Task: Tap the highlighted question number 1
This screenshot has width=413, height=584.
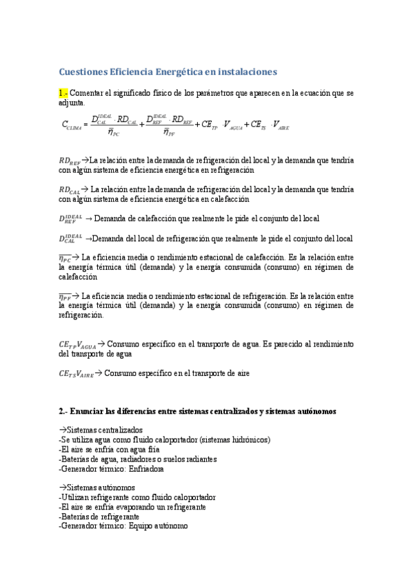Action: tap(63, 93)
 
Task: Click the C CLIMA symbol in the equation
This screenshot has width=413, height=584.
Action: tap(72, 126)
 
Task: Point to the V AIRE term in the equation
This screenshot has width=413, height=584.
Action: tap(281, 125)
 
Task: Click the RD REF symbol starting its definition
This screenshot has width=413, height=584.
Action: tap(69, 160)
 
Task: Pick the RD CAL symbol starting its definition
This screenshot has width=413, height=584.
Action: tap(69, 189)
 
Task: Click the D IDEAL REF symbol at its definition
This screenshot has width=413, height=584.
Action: tap(70, 219)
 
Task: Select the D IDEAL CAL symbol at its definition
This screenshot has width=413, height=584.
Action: tap(70, 238)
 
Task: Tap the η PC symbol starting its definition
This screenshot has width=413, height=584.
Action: tap(69, 258)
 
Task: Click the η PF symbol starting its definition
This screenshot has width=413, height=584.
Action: tap(69, 297)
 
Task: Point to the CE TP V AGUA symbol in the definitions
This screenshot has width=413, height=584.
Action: tap(77, 344)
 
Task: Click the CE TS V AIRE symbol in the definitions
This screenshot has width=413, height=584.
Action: tap(76, 374)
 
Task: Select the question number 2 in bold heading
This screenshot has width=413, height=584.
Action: tap(63, 412)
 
